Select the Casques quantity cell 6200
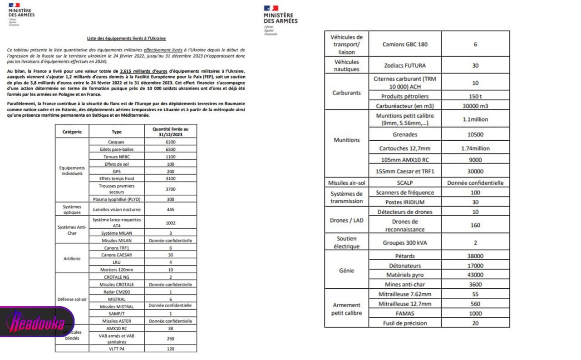point(170,142)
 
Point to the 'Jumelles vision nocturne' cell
point(117,209)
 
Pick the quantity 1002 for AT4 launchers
point(170,223)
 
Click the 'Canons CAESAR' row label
point(117,255)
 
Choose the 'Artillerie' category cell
point(72,258)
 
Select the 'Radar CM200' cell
point(117,292)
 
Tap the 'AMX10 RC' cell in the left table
point(117,328)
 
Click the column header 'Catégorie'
point(72,132)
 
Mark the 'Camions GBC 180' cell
point(405,44)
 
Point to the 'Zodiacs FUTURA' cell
point(405,65)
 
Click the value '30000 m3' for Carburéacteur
point(475,106)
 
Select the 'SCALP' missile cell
point(405,183)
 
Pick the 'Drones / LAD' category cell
point(346,220)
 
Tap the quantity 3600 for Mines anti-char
point(475,285)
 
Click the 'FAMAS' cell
point(405,314)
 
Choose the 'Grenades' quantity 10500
point(475,135)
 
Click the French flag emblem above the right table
point(271,8)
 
